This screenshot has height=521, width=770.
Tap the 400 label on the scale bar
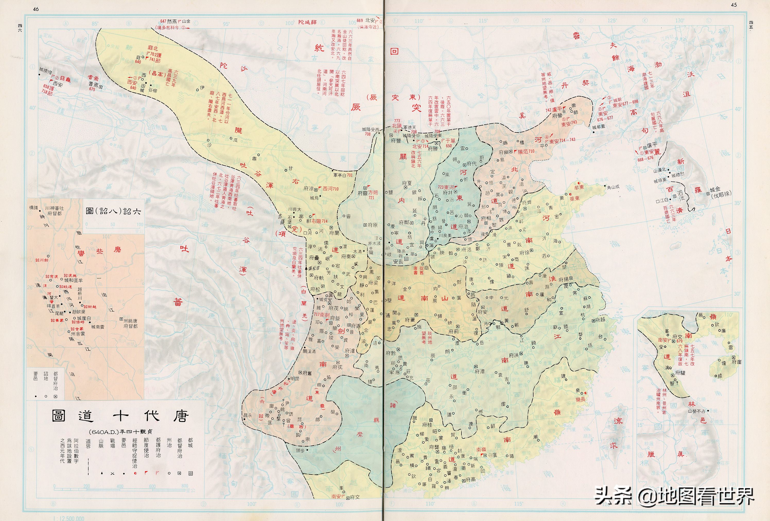coord(120,486)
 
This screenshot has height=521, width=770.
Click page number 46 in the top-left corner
coord(36,9)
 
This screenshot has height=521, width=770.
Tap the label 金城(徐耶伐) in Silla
coord(720,192)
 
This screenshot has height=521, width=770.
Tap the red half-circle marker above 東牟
coord(579,183)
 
